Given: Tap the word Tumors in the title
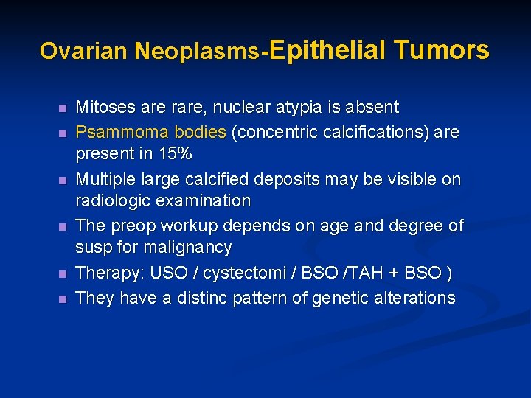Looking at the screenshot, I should (x=441, y=50).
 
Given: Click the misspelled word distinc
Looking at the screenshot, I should (x=195, y=298).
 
